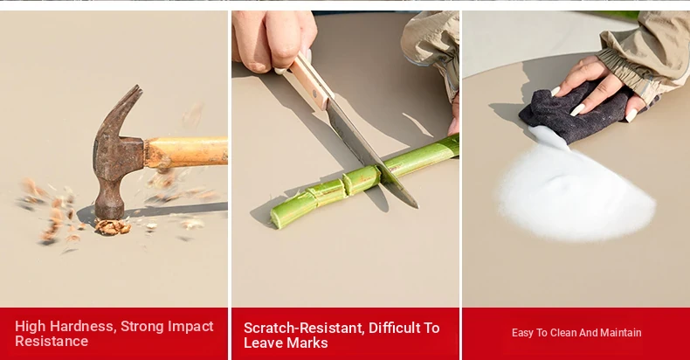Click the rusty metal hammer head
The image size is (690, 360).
117,158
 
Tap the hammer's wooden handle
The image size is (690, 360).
187,152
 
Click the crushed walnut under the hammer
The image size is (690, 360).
113,226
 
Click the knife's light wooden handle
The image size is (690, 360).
308,81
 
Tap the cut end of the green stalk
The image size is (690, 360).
275,217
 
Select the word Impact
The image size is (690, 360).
191,327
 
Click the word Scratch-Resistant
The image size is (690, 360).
304,328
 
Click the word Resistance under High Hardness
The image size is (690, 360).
52,341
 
